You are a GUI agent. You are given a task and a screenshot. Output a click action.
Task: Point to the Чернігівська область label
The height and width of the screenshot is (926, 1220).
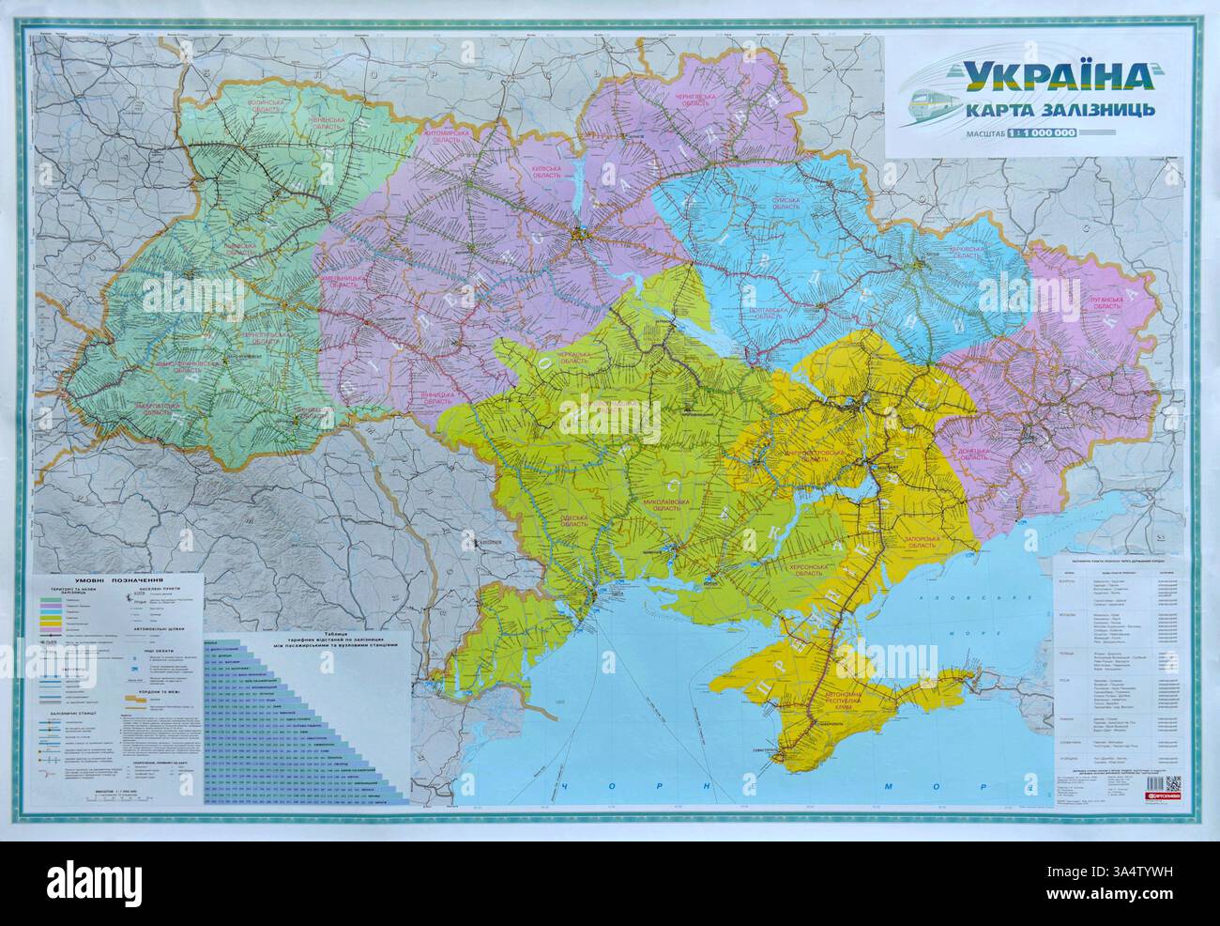click(x=694, y=101)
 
